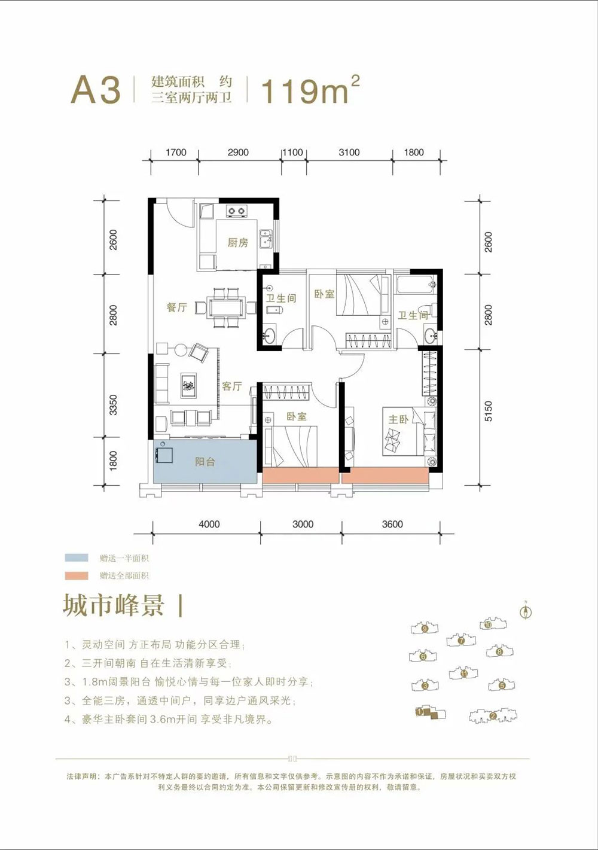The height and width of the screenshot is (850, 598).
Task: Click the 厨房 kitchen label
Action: click(x=237, y=242)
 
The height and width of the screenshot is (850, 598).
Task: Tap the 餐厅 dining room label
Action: click(x=176, y=307)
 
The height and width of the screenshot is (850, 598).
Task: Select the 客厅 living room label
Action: click(x=231, y=386)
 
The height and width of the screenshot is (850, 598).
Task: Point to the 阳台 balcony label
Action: click(x=205, y=461)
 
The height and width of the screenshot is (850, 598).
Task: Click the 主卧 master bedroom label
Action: click(x=398, y=419)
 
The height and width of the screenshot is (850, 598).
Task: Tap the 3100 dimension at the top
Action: click(x=349, y=152)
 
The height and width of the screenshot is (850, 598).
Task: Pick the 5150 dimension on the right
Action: click(x=488, y=412)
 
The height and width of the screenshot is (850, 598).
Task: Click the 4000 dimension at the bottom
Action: click(x=209, y=524)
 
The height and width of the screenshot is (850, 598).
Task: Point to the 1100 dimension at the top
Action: click(x=292, y=152)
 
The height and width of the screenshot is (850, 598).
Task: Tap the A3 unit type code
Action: click(x=96, y=90)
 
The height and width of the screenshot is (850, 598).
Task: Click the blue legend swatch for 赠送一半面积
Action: click(x=77, y=558)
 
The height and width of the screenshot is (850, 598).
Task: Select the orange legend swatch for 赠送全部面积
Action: click(x=77, y=575)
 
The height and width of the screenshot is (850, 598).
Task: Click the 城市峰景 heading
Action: click(x=114, y=605)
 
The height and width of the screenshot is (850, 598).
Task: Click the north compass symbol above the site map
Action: click(x=526, y=611)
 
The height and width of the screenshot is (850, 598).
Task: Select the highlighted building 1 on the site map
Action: click(x=426, y=712)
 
